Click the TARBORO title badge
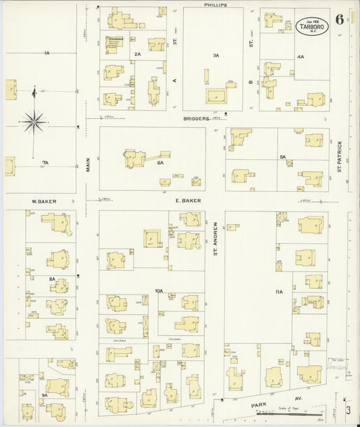pos(310,26)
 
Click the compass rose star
pos(33,122)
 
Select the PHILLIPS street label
pos(215,5)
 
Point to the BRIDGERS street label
pos(197,118)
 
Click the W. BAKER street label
pos(43,201)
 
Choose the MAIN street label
pos(88,164)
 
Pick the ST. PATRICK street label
pos(340,155)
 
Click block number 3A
pos(216,55)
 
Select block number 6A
pos(161,163)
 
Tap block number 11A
pos(279,291)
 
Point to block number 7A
pos(45,163)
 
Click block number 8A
pos(51,278)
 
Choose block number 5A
pos(284,157)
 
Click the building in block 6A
pos(135,159)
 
